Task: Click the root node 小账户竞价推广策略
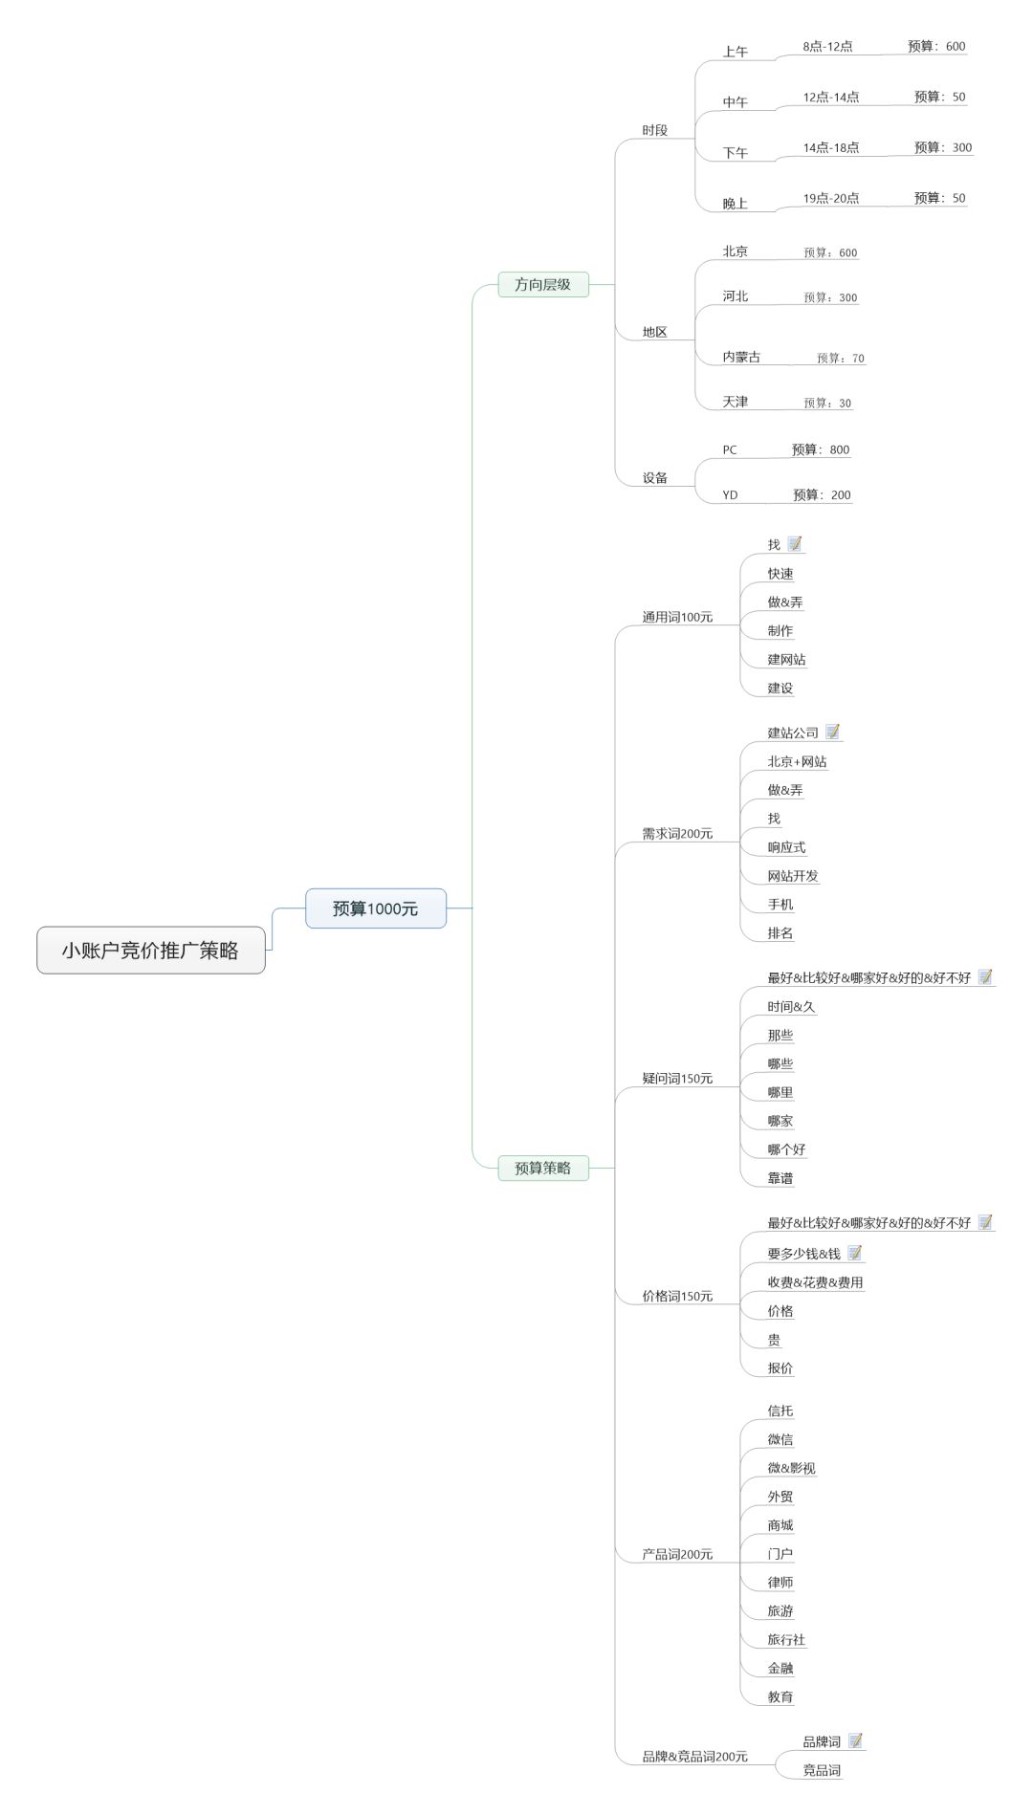(x=151, y=950)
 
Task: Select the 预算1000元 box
(x=376, y=908)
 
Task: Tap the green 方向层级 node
(x=543, y=284)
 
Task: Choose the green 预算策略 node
(x=543, y=1168)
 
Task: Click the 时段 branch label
(x=655, y=130)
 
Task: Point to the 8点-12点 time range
(x=828, y=46)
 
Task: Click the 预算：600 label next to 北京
(x=831, y=252)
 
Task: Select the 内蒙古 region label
(x=741, y=357)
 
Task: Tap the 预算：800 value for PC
(x=821, y=449)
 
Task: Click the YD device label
(x=730, y=494)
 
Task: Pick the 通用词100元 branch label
(x=677, y=617)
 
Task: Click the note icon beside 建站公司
(x=833, y=732)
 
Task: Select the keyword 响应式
(x=786, y=847)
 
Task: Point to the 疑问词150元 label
(x=677, y=1078)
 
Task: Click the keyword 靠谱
(x=780, y=1178)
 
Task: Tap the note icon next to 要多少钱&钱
(x=855, y=1253)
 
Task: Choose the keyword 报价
(x=780, y=1367)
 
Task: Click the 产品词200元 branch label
(x=677, y=1554)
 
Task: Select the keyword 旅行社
(x=786, y=1639)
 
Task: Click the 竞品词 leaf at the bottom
(x=822, y=1770)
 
